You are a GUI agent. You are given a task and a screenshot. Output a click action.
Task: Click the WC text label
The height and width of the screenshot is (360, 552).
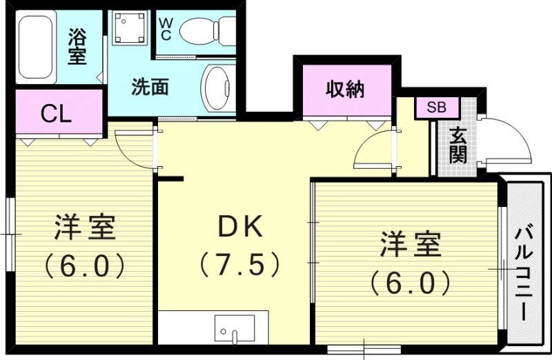point(166,28)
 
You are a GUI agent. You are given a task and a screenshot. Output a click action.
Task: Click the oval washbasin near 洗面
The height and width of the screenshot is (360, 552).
point(219,88)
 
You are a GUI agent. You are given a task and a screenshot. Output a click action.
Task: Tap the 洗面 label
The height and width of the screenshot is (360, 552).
point(151,88)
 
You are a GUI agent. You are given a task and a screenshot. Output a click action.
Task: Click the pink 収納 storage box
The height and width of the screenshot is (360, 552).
point(345,90)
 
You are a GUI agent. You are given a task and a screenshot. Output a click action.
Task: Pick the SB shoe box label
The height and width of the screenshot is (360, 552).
point(435,108)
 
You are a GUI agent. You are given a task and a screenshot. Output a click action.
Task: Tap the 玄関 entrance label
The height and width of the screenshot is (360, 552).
point(457,146)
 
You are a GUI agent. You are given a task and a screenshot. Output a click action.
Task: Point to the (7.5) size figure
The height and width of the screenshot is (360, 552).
point(239,263)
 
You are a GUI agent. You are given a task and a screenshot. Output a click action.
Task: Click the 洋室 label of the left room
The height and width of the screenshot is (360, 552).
point(84,228)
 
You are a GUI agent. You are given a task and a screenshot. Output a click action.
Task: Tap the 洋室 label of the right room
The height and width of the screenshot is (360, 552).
point(408,244)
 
